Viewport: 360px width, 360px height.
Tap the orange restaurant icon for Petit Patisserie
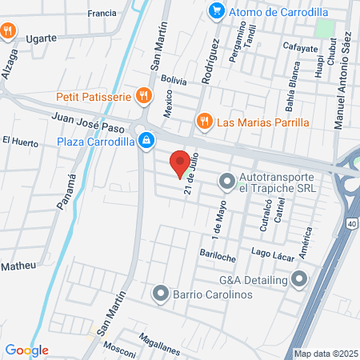144,96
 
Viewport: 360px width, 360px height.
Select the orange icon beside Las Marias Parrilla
204,122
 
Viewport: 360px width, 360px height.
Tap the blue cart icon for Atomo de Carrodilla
215,10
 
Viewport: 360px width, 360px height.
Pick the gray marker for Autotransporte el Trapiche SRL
226,182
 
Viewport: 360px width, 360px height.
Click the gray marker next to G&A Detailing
299,279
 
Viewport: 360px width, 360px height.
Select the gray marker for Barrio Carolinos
161,294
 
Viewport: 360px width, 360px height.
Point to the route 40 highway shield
353,225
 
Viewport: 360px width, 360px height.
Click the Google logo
27,350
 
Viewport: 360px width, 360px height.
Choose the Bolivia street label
173,81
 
